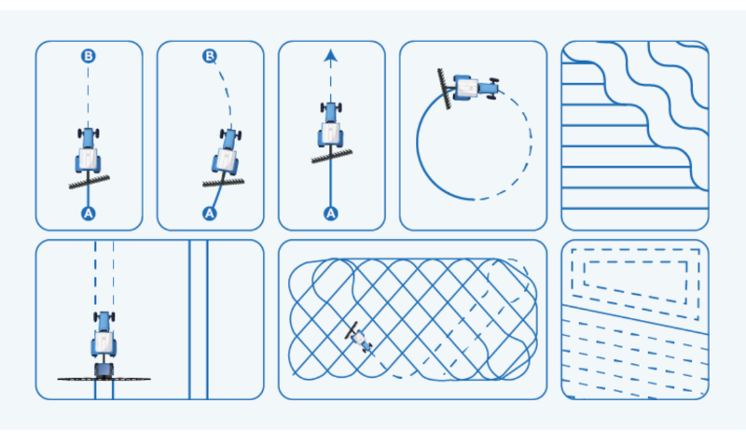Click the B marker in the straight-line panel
tap(88, 56)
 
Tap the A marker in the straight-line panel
tap(88, 214)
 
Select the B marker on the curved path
tap(209, 56)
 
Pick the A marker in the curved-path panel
tap(209, 214)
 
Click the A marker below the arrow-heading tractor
tap(331, 214)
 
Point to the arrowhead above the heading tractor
tap(331, 55)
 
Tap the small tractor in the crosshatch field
tap(362, 340)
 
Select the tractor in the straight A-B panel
tap(88, 150)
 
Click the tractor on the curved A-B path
tap(226, 151)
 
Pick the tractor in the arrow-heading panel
tap(331, 125)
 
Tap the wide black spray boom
tap(104, 379)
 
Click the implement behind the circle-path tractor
tap(445, 89)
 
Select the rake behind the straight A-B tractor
tap(89, 182)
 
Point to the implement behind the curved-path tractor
tap(223, 183)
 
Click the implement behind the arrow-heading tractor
tap(332, 156)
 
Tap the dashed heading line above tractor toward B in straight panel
tap(88, 95)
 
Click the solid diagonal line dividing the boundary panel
tap(635, 319)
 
